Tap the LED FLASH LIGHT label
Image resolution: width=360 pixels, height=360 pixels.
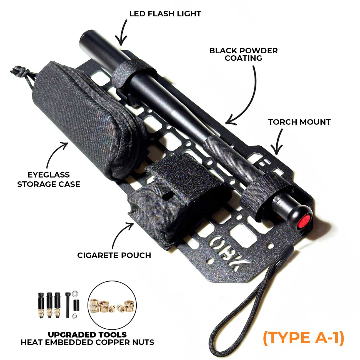[x=165, y=14]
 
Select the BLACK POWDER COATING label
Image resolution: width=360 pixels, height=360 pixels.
[x=243, y=54]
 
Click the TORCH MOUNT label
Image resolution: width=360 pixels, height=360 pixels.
[x=299, y=122]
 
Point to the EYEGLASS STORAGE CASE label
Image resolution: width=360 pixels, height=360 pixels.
[x=49, y=179]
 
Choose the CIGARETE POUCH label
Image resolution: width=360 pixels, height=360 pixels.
[x=114, y=255]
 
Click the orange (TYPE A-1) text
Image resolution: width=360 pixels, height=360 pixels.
[x=304, y=337]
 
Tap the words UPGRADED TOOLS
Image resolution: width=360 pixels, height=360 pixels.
[x=87, y=334]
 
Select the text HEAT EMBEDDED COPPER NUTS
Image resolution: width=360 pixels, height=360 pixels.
[x=87, y=342]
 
